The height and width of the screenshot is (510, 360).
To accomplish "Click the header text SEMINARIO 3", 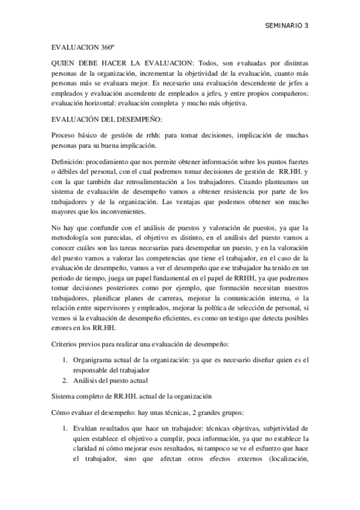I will click(287, 26).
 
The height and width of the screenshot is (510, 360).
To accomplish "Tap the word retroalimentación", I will click(142, 179).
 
